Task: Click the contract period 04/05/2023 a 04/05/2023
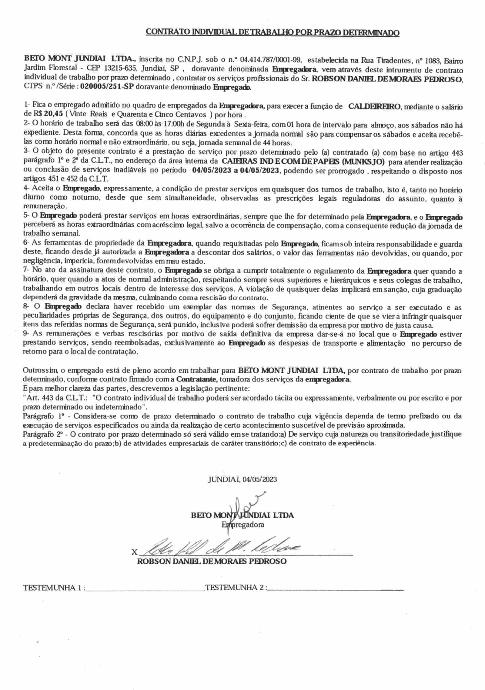236,170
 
